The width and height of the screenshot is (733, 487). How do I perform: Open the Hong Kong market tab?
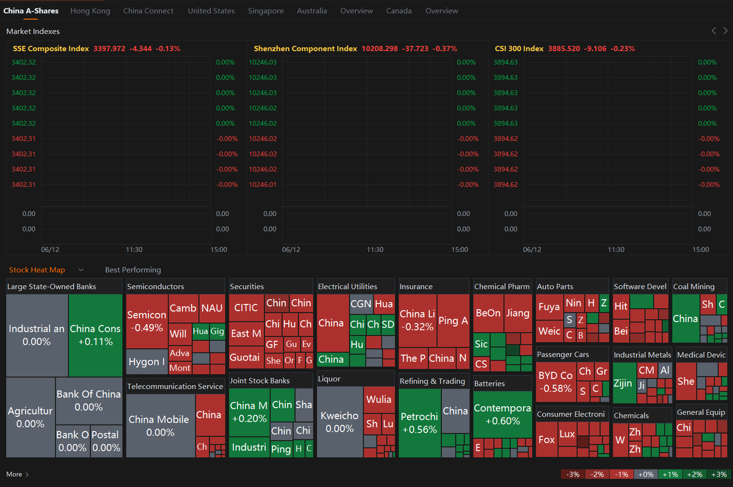click(x=90, y=11)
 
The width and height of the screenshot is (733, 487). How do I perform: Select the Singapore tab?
click(x=266, y=11)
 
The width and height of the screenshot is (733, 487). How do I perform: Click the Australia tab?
click(x=312, y=11)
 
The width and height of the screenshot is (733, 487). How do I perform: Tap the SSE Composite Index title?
click(x=51, y=49)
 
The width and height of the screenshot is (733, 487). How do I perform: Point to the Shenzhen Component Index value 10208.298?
click(x=379, y=49)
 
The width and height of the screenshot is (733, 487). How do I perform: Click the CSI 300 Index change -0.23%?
click(x=621, y=49)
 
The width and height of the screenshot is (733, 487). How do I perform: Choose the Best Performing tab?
click(x=133, y=270)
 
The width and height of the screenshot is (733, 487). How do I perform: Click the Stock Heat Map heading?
click(x=37, y=270)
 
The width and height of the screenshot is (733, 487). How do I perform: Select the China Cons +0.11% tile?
click(x=95, y=335)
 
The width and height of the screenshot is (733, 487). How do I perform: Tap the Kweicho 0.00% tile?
click(x=340, y=422)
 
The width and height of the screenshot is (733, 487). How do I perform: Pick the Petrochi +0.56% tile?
click(x=419, y=423)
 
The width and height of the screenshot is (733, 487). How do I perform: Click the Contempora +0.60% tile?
click(x=502, y=414)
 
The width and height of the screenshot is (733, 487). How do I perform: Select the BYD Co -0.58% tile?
click(x=555, y=381)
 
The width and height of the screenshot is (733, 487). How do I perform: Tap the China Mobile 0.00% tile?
click(x=160, y=425)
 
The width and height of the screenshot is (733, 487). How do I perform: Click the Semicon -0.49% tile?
click(x=147, y=321)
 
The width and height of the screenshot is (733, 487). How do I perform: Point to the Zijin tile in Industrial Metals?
click(x=623, y=384)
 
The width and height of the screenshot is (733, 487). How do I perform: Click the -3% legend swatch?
click(x=572, y=474)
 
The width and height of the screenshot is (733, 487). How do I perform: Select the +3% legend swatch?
click(x=719, y=474)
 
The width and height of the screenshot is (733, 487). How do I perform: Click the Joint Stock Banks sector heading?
click(x=260, y=381)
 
